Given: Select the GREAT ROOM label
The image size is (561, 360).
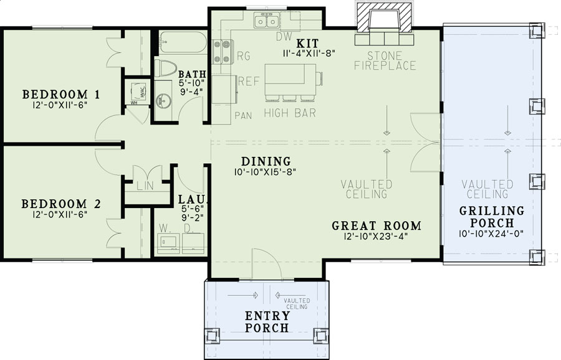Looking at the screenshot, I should pos(376,225).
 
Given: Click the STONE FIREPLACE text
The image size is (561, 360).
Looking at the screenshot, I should pos(385,60).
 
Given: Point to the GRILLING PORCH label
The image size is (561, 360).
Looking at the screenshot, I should pos(491,216).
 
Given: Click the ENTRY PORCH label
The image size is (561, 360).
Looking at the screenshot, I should pos(267,322).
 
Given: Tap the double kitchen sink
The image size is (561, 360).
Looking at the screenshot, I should pos(267,22).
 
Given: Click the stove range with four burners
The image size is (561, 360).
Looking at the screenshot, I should pos(223,52).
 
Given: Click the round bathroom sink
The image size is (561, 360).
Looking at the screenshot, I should pos(165,100).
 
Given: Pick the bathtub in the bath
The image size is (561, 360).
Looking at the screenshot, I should pos(183,44).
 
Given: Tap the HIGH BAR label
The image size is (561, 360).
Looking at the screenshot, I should pos(289,113).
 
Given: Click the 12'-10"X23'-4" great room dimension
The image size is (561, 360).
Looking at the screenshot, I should pos(376,236).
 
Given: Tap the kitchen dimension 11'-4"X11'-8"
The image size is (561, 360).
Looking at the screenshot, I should pos(308,54).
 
